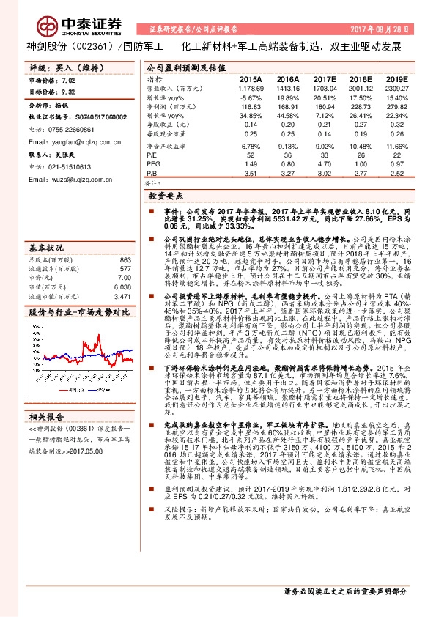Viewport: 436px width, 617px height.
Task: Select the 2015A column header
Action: (250, 78)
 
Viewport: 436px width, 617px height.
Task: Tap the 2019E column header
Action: (396, 78)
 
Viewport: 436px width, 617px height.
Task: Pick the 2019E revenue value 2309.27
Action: (396, 87)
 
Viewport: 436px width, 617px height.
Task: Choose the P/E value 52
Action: (251, 155)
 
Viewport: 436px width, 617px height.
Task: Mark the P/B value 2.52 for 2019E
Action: (396, 174)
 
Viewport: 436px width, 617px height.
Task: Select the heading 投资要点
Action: (165, 197)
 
